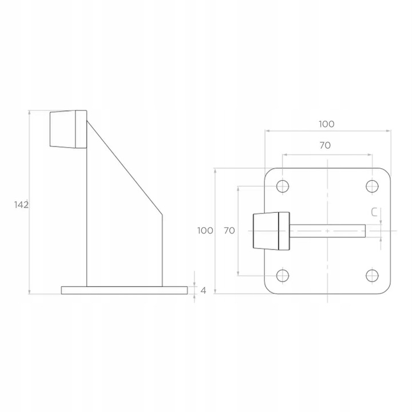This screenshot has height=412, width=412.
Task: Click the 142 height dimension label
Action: coord(21,205)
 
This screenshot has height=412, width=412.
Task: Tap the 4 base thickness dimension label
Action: coord(203,291)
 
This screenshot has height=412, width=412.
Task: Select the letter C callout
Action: coord(374,212)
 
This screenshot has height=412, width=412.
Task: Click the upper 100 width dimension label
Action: coord(327,124)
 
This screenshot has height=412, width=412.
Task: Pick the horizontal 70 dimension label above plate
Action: coord(325,145)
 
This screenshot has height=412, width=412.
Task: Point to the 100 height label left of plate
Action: coord(205,231)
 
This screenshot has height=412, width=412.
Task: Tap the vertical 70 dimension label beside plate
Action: coord(229,231)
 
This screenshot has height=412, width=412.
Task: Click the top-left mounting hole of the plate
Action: coord(283,187)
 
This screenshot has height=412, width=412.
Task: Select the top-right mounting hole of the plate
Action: coord(372,187)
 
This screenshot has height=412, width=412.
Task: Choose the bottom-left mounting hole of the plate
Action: coord(283,276)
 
